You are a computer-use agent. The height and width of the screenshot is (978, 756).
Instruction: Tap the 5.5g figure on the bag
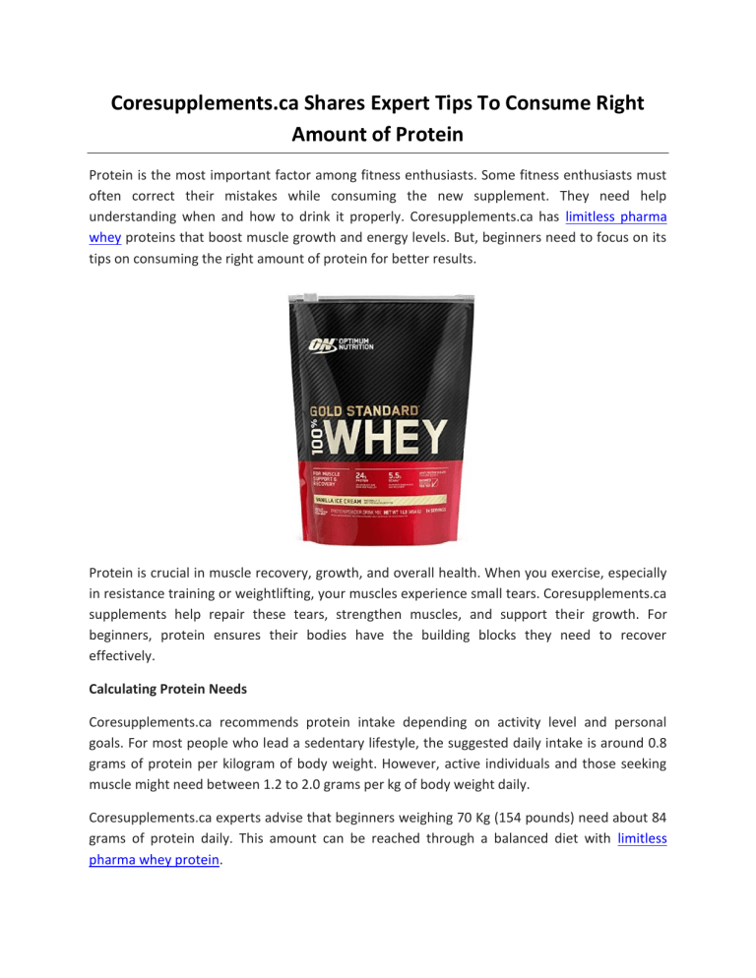(x=397, y=475)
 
